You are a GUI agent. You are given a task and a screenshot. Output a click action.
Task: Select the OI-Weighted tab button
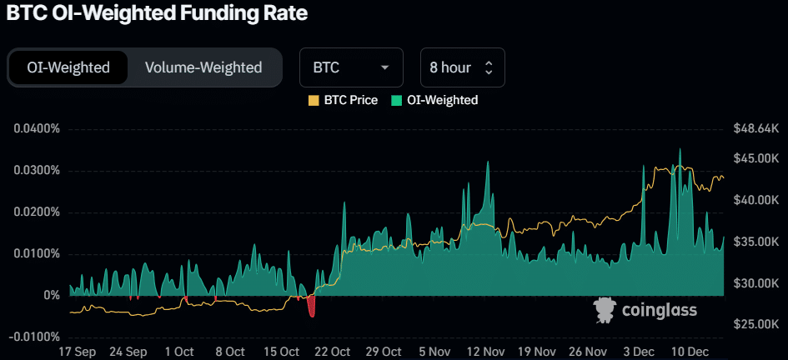pos(68,67)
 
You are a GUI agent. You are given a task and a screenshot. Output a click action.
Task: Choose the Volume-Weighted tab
pos(203,67)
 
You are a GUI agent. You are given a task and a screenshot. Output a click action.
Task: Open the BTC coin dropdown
pos(351,67)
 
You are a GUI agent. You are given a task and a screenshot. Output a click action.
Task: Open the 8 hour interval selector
pos(462,67)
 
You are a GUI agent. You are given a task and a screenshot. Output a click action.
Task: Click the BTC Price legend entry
pos(343,100)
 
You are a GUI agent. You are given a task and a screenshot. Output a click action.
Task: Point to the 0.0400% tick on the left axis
pos(37,129)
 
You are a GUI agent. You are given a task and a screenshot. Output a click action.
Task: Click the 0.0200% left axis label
pos(37,212)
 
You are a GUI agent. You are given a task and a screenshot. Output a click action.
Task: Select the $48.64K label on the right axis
pos(755,129)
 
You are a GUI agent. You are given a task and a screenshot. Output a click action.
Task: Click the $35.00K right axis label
pos(755,242)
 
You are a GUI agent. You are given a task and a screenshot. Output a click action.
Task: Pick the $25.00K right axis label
pos(755,323)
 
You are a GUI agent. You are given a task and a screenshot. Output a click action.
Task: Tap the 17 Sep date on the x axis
pos(77,352)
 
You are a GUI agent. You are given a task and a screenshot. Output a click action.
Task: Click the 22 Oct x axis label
pos(331,352)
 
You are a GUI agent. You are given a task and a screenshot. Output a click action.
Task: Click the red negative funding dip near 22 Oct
pos(312,307)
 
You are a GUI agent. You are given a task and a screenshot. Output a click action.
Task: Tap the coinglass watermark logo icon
pos(605,311)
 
